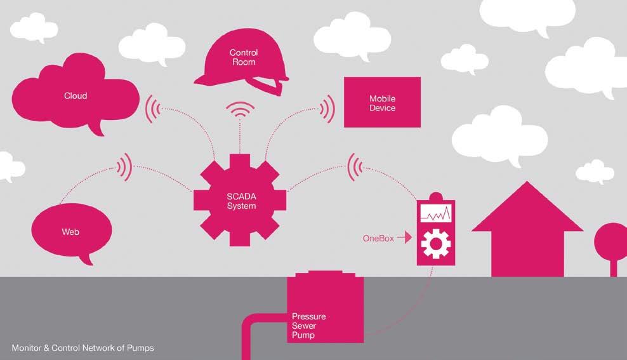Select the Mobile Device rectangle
click(x=382, y=102)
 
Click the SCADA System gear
click(x=241, y=201)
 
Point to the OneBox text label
click(x=378, y=239)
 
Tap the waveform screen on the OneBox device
click(x=435, y=215)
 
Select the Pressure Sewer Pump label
click(x=308, y=325)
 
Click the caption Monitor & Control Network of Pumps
click(x=82, y=348)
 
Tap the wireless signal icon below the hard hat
click(x=241, y=112)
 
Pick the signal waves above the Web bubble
click(x=124, y=166)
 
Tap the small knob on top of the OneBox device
click(x=435, y=196)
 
